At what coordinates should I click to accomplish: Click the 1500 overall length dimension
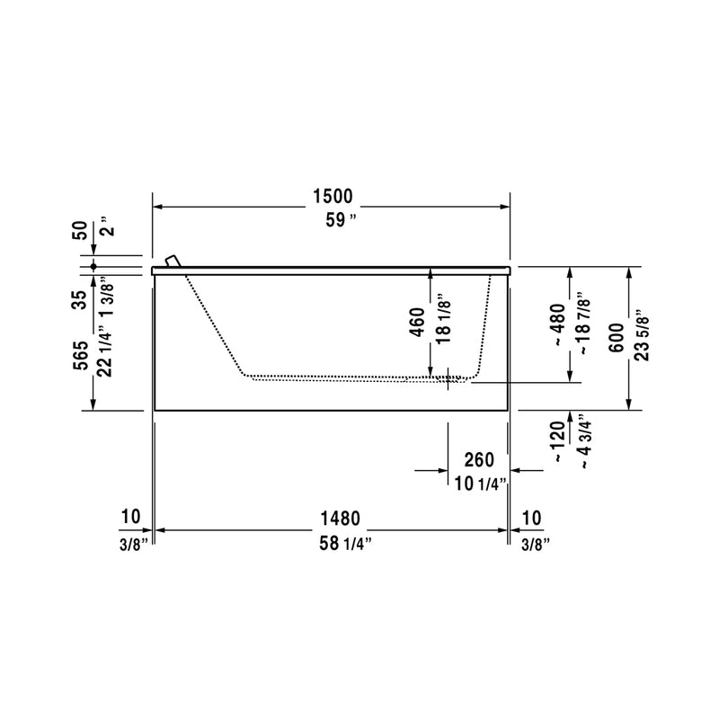pyautogui.click(x=333, y=196)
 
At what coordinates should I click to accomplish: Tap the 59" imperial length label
pyautogui.click(x=341, y=220)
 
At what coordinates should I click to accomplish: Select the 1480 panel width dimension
pyautogui.click(x=340, y=519)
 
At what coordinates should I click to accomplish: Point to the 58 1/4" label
pyautogui.click(x=345, y=544)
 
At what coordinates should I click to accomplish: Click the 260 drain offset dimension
pyautogui.click(x=479, y=460)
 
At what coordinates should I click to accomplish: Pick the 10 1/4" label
pyautogui.click(x=481, y=484)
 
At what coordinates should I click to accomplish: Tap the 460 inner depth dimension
pyautogui.click(x=417, y=322)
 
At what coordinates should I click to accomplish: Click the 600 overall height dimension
pyautogui.click(x=617, y=338)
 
